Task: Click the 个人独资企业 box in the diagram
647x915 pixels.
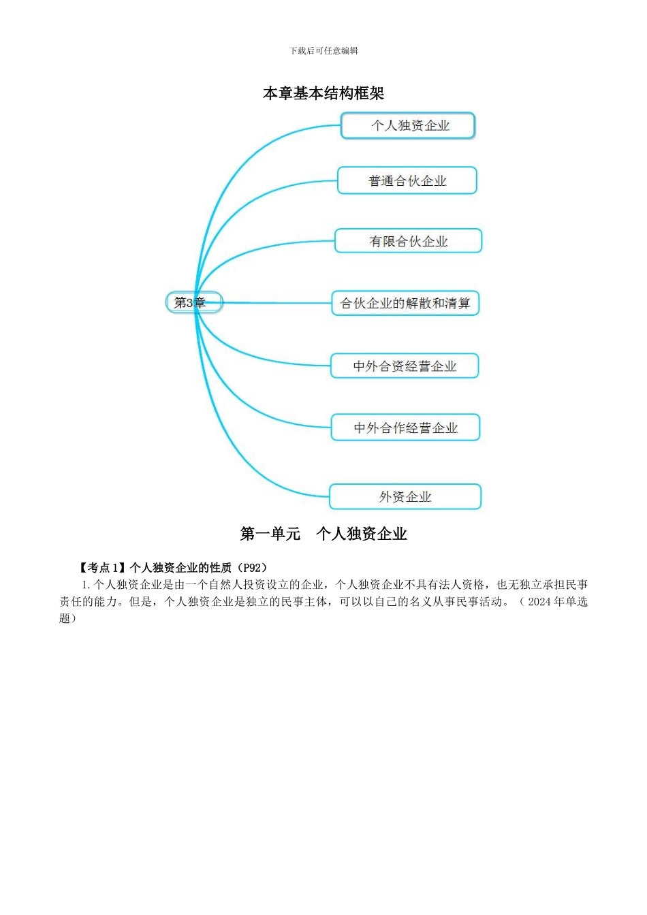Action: point(407,126)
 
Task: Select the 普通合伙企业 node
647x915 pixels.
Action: point(407,180)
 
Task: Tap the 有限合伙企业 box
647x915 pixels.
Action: point(408,241)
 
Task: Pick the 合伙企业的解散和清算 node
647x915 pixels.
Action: point(405,303)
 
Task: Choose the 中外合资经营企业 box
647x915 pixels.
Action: point(405,366)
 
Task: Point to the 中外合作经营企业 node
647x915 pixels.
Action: point(405,428)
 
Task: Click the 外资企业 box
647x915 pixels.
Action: point(405,496)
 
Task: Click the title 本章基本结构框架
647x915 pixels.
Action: point(323,93)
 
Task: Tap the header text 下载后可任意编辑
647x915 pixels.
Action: point(323,51)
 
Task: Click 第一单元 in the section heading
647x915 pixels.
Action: point(270,534)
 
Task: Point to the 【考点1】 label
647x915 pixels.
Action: point(103,567)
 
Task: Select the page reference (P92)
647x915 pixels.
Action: point(255,567)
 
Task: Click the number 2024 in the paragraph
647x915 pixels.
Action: point(539,601)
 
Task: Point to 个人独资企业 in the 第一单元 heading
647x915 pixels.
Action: point(362,534)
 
